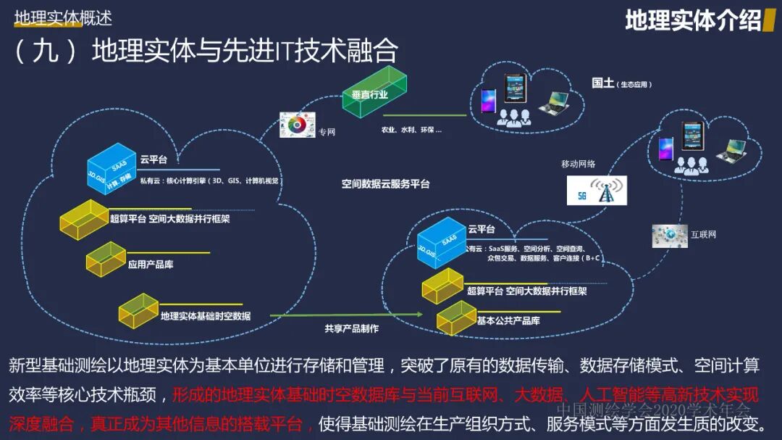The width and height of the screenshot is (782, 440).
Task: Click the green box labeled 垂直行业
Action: [374, 94]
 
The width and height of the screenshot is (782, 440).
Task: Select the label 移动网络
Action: [578, 164]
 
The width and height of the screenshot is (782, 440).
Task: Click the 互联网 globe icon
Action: [669, 235]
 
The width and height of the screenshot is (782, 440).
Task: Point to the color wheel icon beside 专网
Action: [295, 125]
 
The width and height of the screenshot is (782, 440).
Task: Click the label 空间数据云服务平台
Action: [386, 184]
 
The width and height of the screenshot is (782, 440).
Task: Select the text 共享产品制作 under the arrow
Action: [351, 328]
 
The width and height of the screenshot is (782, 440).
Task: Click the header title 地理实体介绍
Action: [693, 20]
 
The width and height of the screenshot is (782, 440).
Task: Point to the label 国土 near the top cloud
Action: [602, 83]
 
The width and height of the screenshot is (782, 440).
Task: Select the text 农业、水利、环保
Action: [411, 130]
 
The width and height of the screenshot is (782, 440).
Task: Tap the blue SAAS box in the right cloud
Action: [441, 241]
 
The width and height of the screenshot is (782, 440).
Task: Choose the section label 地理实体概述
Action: [63, 17]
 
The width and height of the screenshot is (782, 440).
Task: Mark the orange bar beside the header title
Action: [770, 20]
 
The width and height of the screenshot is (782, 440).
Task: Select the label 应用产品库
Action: [151, 265]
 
